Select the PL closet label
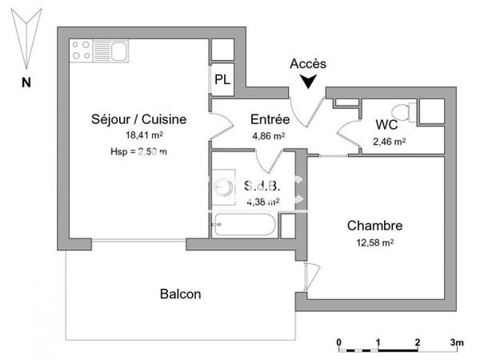pyautogui.click(x=222, y=80)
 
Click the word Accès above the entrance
pyautogui.click(x=308, y=63)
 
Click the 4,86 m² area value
pyautogui.click(x=268, y=135)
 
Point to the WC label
pyautogui.click(x=388, y=125)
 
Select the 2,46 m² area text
pyautogui.click(x=389, y=142)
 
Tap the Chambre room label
pyautogui.click(x=374, y=226)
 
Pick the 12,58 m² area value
pyautogui.click(x=374, y=242)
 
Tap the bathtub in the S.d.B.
pyautogui.click(x=246, y=225)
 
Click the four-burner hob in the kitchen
pyautogui.click(x=81, y=51)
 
